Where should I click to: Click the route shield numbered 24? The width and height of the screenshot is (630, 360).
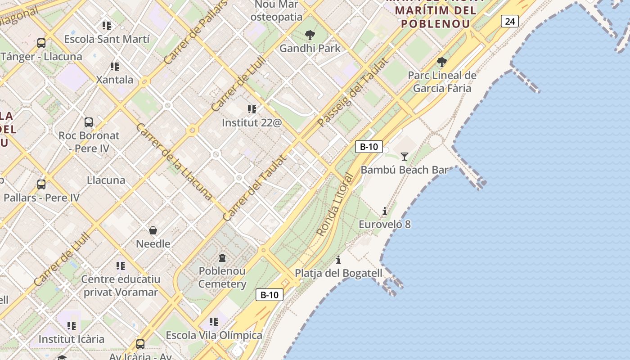(x=509, y=21)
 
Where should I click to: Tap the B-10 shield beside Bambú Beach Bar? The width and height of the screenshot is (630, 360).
(x=369, y=147)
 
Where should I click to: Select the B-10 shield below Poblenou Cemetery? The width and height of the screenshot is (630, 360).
(x=270, y=295)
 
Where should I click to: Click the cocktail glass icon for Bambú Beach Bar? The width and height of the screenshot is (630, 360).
(x=405, y=157)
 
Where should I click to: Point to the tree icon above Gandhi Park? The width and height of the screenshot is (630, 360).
(x=310, y=35)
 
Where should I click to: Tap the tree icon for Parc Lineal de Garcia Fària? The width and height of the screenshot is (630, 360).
(x=441, y=62)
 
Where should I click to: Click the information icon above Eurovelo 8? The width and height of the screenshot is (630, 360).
(x=384, y=211)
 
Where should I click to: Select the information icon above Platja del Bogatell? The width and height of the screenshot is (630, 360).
(x=338, y=260)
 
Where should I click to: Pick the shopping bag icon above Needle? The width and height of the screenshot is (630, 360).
(x=153, y=231)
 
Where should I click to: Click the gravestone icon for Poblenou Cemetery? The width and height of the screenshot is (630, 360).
(x=222, y=258)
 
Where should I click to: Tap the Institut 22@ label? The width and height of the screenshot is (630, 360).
(x=252, y=122)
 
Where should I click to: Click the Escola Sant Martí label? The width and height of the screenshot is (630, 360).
(x=107, y=39)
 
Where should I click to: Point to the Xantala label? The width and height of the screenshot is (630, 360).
(x=115, y=80)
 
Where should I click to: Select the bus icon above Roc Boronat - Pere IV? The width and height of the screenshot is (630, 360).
(x=89, y=122)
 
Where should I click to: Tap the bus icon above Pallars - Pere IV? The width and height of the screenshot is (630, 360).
(x=41, y=184)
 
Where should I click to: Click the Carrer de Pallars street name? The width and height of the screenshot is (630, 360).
(x=195, y=32)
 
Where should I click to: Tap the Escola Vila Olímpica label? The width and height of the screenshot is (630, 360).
(x=214, y=335)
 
